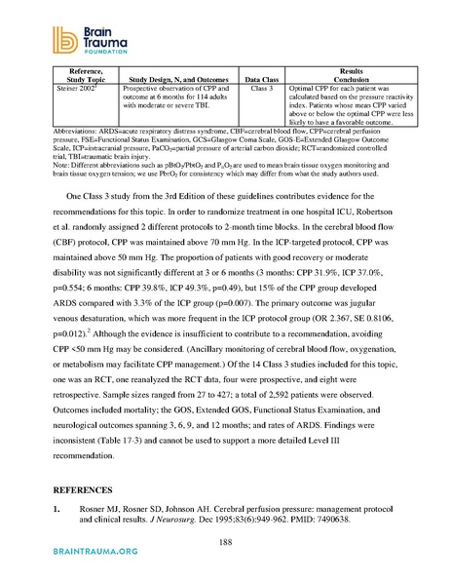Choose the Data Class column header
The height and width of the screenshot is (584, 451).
[259, 78]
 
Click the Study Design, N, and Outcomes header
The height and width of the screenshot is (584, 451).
[177, 78]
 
